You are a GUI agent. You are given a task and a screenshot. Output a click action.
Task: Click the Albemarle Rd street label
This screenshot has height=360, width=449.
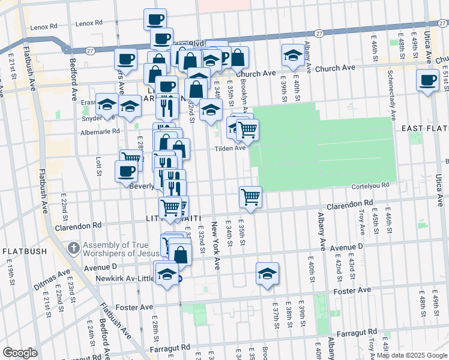click(101, 131)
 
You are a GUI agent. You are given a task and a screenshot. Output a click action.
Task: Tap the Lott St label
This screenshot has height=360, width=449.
click(98, 166)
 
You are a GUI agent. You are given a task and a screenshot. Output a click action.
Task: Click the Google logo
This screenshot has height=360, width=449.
click(20, 353)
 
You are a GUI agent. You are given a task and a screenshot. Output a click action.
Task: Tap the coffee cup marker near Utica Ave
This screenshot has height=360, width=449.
click(428, 80)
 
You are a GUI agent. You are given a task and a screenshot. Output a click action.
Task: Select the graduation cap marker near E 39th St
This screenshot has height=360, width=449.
click(292, 56)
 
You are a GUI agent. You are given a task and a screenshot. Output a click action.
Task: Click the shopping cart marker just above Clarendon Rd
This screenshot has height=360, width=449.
click(250, 196)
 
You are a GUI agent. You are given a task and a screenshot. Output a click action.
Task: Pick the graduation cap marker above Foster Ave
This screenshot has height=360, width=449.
click(268, 274)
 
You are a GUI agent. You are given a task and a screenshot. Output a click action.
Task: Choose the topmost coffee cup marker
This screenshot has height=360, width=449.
click(155, 19)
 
